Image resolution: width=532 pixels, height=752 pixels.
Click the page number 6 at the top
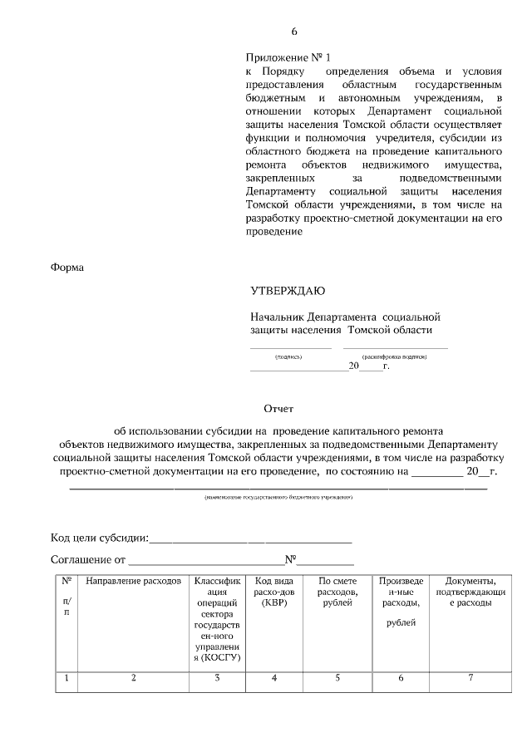(293, 32)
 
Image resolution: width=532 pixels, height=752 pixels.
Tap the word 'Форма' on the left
(68, 267)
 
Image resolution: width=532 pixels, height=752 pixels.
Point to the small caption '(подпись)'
(288, 356)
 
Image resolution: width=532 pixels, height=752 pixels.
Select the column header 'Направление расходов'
(133, 581)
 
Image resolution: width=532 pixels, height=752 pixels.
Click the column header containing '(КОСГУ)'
(216, 619)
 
